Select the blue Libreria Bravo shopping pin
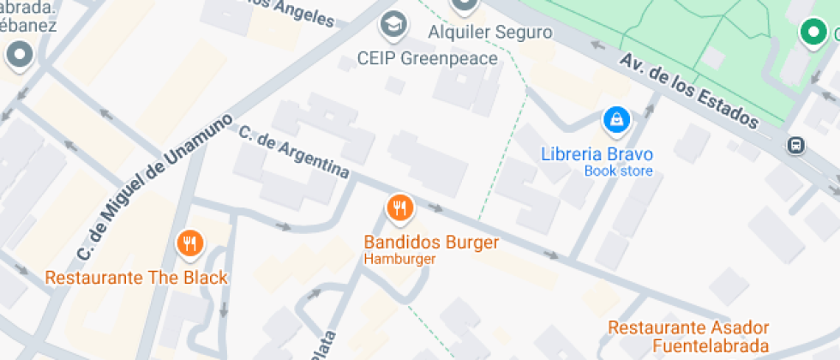pos(615,121)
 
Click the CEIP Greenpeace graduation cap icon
pos(393,26)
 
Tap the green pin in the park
pos(811,33)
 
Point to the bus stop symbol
pos(796,145)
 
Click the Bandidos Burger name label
pos(431,243)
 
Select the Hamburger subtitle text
pos(399,259)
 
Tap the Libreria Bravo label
pos(597,155)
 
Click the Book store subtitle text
pos(618,171)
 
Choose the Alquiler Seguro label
pos(489,33)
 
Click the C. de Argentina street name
pos(294,152)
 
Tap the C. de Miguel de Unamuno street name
pos(154,187)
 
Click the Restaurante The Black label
pos(136,278)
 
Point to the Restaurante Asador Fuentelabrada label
pos(688,336)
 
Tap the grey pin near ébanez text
pos(18,57)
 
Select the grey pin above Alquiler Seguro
pos(465,5)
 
